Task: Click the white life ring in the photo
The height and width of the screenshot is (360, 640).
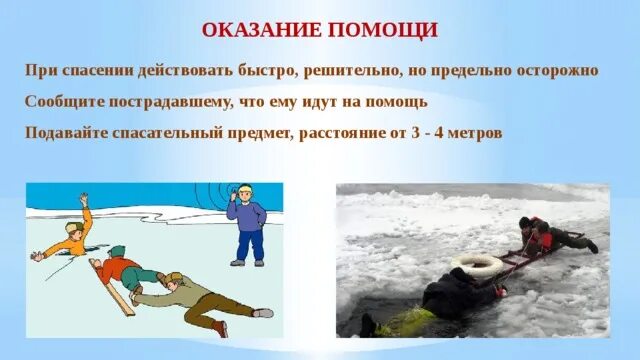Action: click(x=476, y=265)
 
